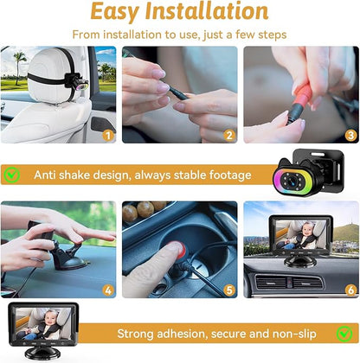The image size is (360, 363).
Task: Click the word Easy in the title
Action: coord(122,12)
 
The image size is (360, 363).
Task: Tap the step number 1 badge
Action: coord(107,135)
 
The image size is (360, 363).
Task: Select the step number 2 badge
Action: coord(229,135)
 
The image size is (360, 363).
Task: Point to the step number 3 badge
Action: coord(350,135)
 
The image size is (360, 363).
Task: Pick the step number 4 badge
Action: coord(107,290)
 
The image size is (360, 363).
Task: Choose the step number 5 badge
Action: coord(229,290)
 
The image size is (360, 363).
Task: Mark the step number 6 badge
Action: coord(350,290)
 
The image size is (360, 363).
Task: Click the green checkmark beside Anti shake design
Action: coord(12,175)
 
